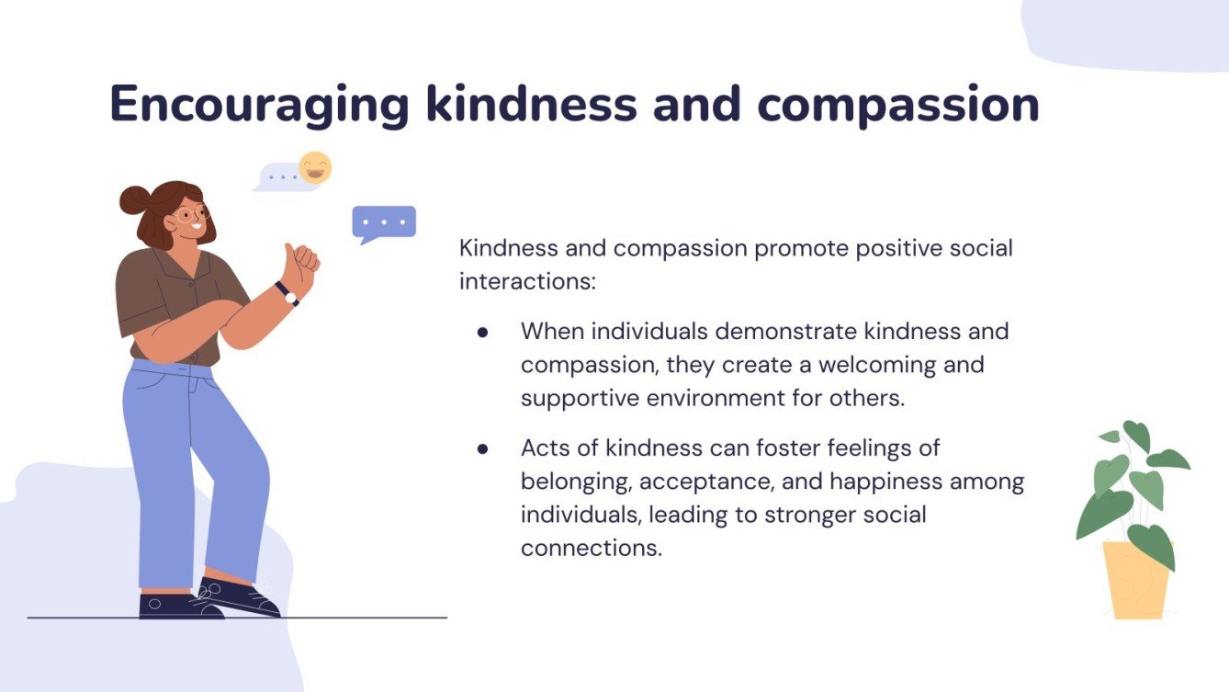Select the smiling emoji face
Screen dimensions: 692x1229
(315, 168)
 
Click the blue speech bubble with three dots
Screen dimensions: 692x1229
(384, 222)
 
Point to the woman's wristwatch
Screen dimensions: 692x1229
(288, 293)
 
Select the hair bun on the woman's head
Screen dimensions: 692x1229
(134, 199)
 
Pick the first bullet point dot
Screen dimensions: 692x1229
(482, 331)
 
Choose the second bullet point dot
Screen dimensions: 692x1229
(482, 448)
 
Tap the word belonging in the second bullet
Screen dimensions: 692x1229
(573, 482)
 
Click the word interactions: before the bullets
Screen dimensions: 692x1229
(527, 282)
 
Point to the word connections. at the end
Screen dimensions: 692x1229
(591, 549)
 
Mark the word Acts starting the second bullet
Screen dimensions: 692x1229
(545, 448)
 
